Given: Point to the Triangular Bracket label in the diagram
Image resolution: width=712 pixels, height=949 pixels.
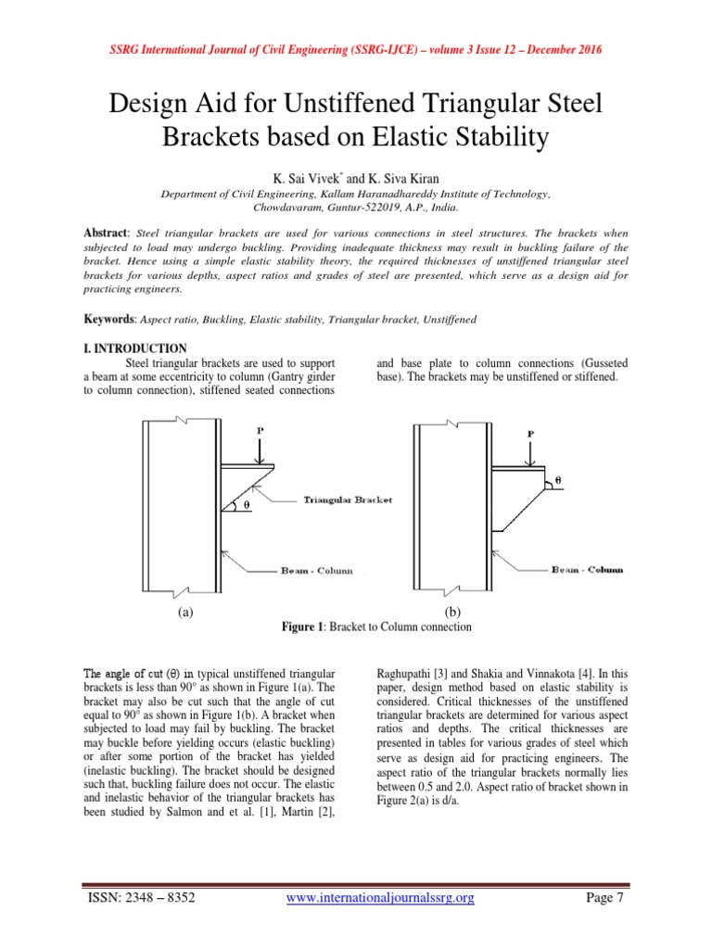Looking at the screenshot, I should [348, 500].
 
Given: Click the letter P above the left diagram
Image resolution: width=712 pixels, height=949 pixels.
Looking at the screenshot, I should [259, 431].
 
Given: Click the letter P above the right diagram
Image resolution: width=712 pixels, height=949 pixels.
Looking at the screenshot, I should [529, 434].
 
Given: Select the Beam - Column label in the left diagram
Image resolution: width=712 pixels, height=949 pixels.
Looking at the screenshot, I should [316, 571].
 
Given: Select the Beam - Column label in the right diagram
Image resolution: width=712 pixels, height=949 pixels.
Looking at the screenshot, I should [588, 569].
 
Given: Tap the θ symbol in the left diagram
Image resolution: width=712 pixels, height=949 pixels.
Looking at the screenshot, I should [247, 504].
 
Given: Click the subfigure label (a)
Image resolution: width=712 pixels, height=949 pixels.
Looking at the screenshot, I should [185, 612].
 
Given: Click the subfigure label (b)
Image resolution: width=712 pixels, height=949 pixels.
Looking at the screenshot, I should [452, 612].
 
